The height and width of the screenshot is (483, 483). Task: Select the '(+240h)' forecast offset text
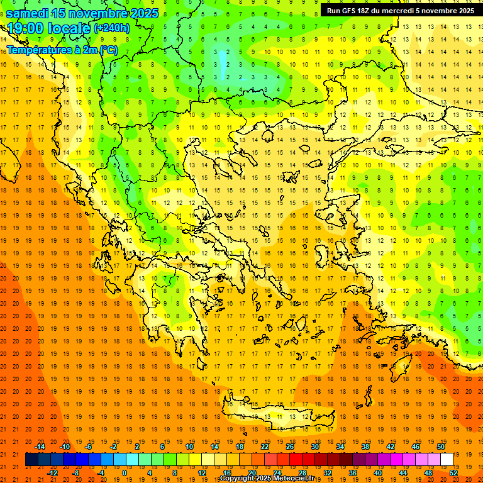pyautogui.click(x=111, y=28)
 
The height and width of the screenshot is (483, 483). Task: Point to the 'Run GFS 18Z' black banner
pyautogui.click(x=401, y=11)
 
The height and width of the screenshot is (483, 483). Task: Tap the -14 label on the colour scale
pyautogui.click(x=42, y=447)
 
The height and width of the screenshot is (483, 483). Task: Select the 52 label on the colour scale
pyautogui.click(x=453, y=472)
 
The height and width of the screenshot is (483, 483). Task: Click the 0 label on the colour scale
pyautogui.click(x=124, y=472)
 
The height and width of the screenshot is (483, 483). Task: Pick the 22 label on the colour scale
pyautogui.click(x=265, y=447)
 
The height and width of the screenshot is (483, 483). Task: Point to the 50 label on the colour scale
pyautogui.click(x=441, y=447)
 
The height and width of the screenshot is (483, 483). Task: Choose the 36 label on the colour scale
pyautogui.click(x=352, y=472)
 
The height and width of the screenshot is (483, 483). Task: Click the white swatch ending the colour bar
pyautogui.click(x=447, y=460)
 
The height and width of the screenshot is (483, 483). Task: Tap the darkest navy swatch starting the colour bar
pyautogui.click(x=31, y=460)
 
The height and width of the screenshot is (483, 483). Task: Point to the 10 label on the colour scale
pyautogui.click(x=189, y=447)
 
